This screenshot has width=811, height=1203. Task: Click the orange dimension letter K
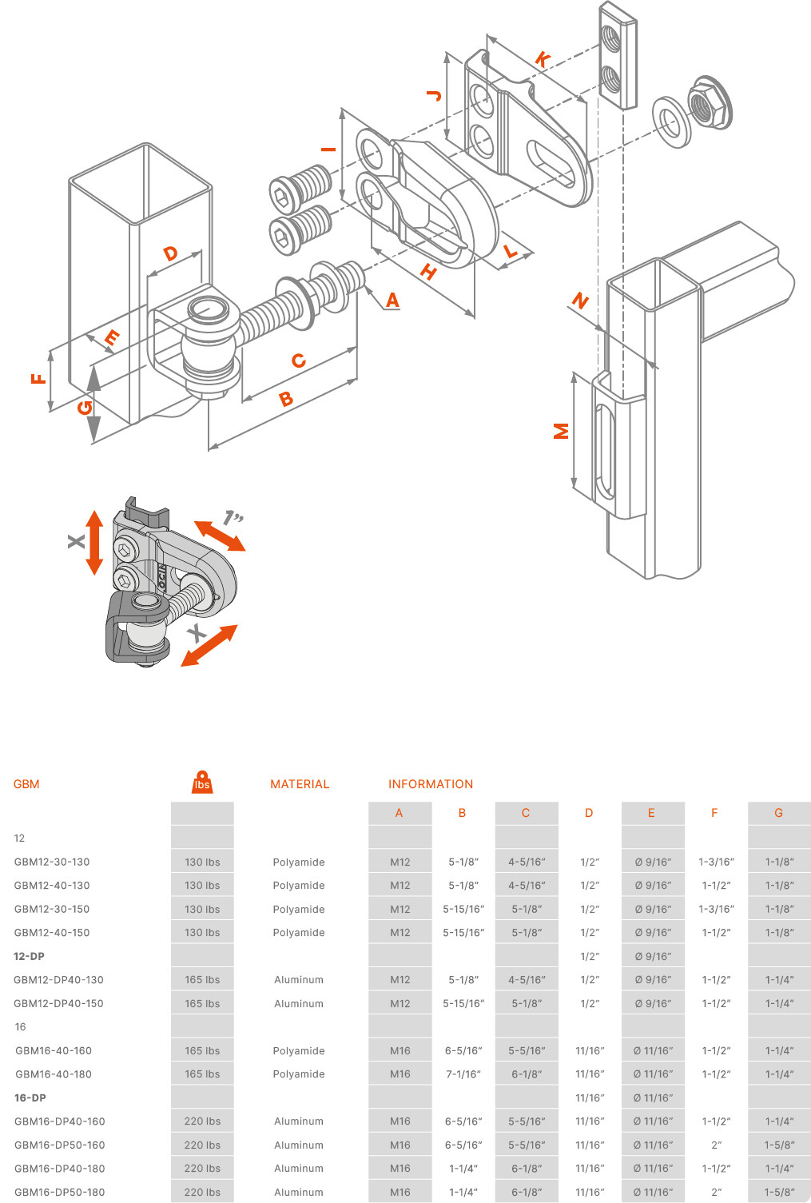coord(543,59)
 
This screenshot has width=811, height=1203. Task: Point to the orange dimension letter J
coord(434,96)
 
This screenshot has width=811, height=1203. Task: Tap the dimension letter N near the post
coord(580,301)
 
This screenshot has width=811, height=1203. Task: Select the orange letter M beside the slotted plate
coord(562,431)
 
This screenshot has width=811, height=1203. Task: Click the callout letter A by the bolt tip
coord(392,300)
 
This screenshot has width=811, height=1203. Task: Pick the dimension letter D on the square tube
coord(171,254)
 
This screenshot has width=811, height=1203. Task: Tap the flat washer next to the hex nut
coord(670,121)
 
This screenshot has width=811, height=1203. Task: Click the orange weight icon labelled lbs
coord(202,782)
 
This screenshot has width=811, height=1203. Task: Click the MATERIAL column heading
coord(300,784)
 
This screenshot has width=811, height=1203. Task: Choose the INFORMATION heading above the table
coord(431,784)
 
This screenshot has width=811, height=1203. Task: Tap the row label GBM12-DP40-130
coord(59,980)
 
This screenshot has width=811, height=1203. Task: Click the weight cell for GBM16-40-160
coord(202,1050)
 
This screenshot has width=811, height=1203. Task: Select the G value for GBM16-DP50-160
coord(779,1145)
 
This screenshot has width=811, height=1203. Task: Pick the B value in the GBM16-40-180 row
coord(463,1074)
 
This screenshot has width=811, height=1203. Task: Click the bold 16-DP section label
coord(30,1097)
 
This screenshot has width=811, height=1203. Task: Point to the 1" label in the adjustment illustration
coord(233,517)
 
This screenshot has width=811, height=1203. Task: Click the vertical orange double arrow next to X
coord(94,543)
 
